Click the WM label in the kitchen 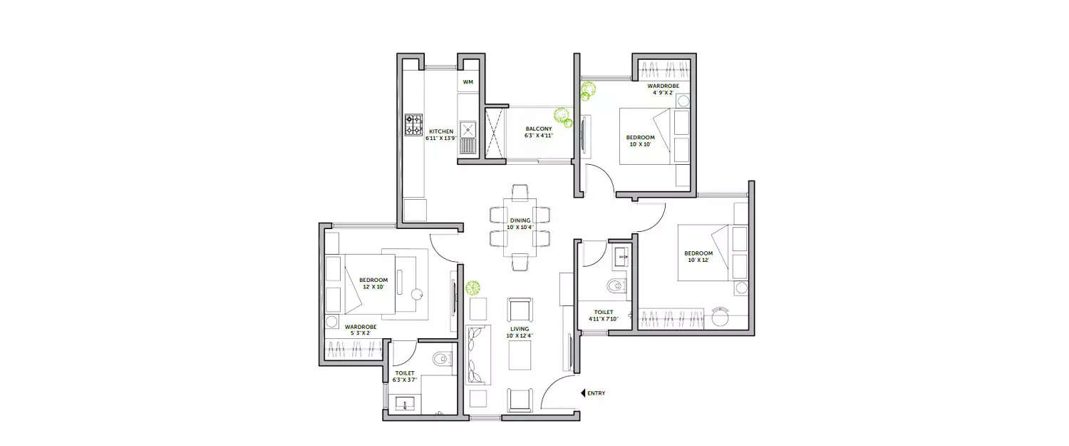[x=468, y=82]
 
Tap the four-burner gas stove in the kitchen [x=414, y=126]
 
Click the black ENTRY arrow [x=583, y=392]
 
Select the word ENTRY [x=597, y=393]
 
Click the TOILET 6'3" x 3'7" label [x=404, y=376]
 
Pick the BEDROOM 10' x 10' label [x=639, y=141]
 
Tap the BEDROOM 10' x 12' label [x=698, y=257]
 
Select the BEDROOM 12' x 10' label [x=373, y=283]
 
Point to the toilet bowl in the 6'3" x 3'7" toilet [x=443, y=358]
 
